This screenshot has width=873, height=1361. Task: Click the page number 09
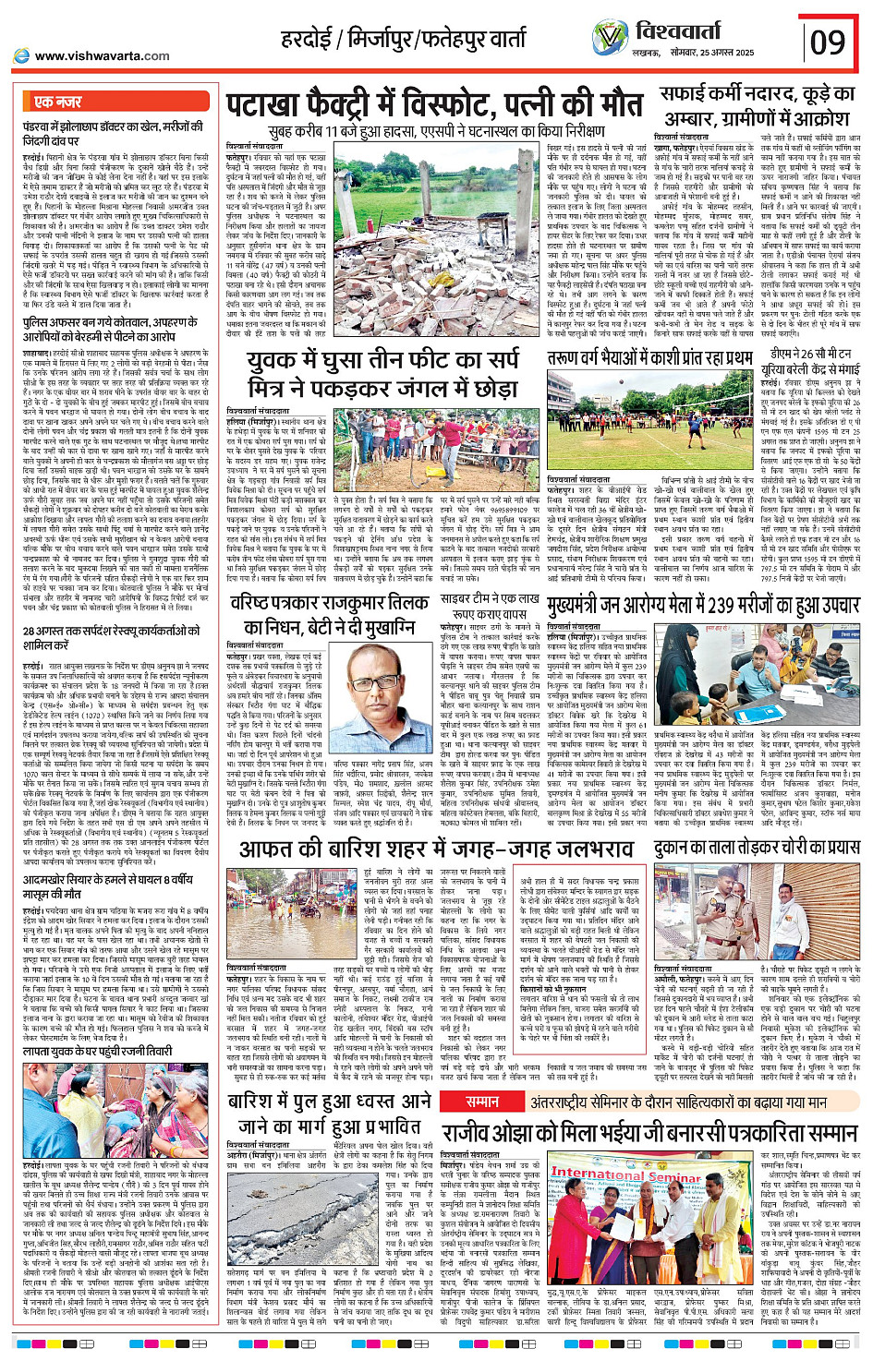tap(827, 42)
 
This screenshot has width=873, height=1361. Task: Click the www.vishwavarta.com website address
tap(102, 55)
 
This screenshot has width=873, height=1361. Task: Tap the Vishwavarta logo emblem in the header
tap(610, 37)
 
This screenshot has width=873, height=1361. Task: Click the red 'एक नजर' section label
tap(57, 102)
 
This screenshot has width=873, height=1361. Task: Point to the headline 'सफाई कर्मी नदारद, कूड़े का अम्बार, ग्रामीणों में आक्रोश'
tap(755, 105)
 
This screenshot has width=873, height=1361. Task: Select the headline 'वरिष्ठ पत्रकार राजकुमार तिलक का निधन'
tap(329, 613)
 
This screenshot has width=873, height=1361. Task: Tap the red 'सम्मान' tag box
tap(482, 1101)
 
